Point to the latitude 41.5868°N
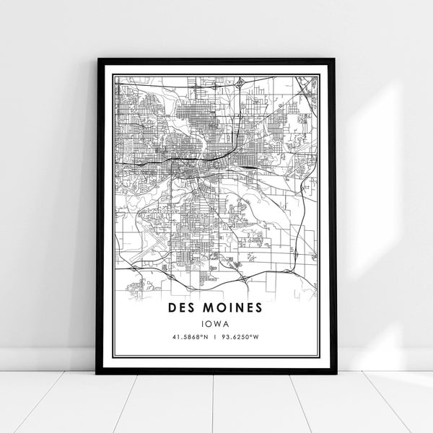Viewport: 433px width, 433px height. tap(190, 336)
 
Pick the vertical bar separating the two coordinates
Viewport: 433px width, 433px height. tap(216, 336)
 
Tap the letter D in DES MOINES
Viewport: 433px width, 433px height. tap(172, 308)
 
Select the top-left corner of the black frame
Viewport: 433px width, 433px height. tap(97, 60)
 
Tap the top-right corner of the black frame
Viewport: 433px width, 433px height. tap(334, 60)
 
